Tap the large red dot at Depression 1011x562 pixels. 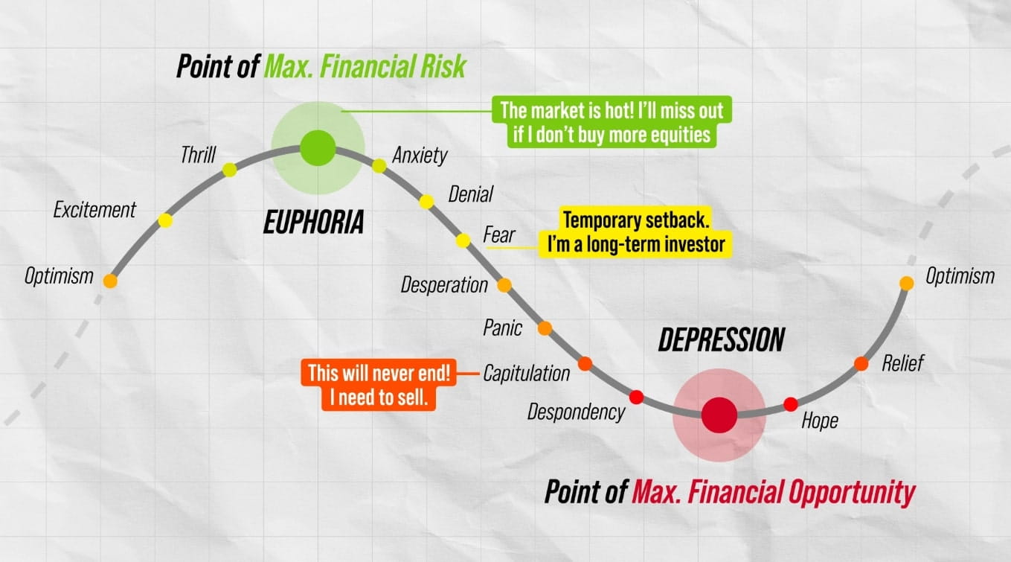[719, 415]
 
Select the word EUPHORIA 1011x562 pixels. [313, 222]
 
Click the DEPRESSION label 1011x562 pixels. [721, 339]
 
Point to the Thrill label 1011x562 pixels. [198, 155]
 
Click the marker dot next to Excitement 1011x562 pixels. [165, 220]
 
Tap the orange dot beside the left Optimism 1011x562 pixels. [110, 281]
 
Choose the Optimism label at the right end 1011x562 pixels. [960, 276]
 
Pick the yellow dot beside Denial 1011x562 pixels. [426, 201]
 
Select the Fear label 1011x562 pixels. [499, 235]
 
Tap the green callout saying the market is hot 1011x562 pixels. [611, 123]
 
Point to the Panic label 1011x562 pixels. [503, 328]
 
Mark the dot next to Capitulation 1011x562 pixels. [585, 363]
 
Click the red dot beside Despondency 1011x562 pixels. [636, 397]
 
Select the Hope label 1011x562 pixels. [820, 421]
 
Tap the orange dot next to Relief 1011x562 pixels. [861, 363]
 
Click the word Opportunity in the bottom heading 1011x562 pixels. [844, 492]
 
